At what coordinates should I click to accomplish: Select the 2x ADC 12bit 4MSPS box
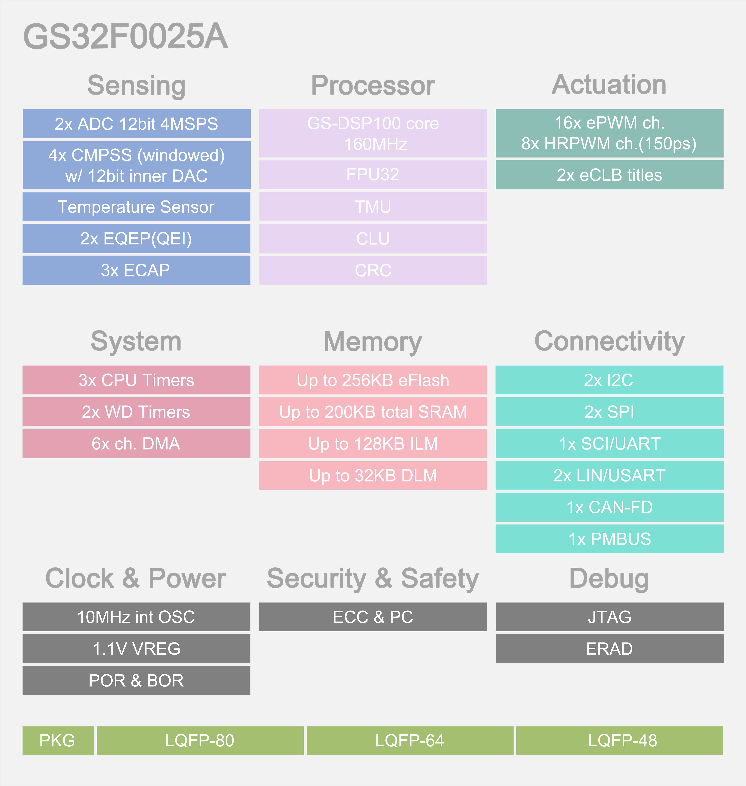[136, 124]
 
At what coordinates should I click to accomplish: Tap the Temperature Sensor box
[136, 207]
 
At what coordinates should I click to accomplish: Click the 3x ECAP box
[136, 270]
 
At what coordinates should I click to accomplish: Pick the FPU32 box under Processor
[373, 175]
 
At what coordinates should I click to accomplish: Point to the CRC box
[373, 270]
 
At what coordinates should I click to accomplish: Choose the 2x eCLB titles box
[610, 175]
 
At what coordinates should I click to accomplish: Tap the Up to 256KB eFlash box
[373, 380]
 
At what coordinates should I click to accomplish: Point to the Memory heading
[373, 341]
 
